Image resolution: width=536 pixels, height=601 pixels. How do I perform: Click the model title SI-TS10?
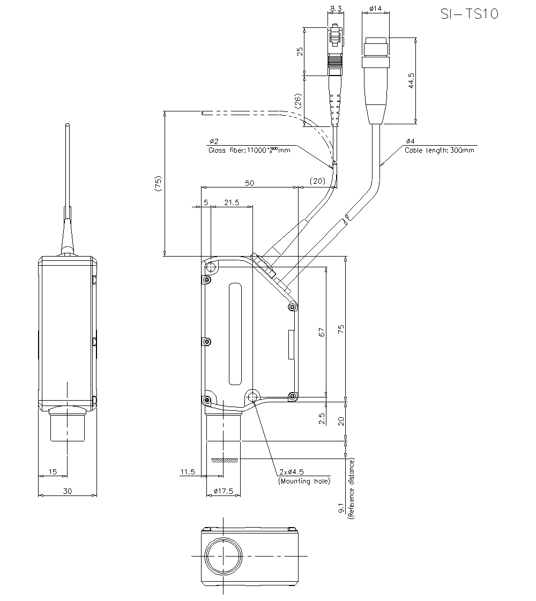(x=468, y=14)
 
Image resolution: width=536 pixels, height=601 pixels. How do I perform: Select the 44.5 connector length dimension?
(x=411, y=81)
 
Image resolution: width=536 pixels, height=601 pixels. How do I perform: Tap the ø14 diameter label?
(x=375, y=9)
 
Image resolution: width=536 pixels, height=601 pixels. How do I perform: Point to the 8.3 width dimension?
(x=336, y=9)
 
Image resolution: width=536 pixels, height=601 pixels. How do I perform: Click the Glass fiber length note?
(x=249, y=151)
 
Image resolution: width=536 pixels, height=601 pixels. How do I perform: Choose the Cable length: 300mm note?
(x=439, y=151)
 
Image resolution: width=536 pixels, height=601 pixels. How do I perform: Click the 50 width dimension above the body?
(x=249, y=183)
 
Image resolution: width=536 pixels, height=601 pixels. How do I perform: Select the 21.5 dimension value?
(x=231, y=202)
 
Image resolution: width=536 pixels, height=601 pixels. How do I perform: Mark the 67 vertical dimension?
(x=322, y=332)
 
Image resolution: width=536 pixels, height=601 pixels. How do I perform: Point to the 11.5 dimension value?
(x=187, y=472)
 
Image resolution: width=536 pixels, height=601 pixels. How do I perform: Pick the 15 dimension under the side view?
(x=53, y=471)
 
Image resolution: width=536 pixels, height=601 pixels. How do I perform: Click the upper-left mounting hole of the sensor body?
(x=211, y=267)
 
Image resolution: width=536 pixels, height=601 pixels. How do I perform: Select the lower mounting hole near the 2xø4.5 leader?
(x=252, y=397)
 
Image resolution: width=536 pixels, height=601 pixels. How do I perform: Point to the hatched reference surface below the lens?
(x=224, y=460)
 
